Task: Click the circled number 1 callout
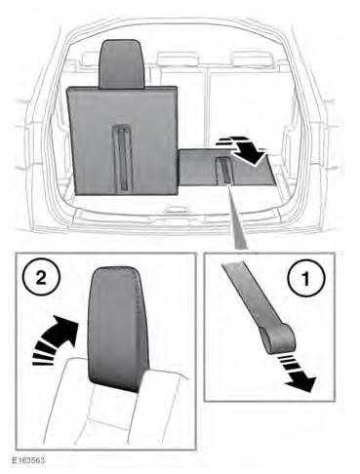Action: pyautogui.click(x=305, y=278)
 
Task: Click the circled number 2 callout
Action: pyautogui.click(x=41, y=278)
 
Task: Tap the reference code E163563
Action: pyautogui.click(x=28, y=460)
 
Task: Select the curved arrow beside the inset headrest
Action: pyautogui.click(x=57, y=337)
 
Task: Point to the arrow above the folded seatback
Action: pyautogui.click(x=242, y=150)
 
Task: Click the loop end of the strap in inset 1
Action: pyautogui.click(x=277, y=338)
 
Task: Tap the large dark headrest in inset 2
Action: pyautogui.click(x=119, y=329)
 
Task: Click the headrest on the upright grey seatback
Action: pyautogui.click(x=122, y=64)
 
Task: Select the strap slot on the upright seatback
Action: pyautogui.click(x=123, y=157)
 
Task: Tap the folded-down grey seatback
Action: pyautogui.click(x=226, y=167)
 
